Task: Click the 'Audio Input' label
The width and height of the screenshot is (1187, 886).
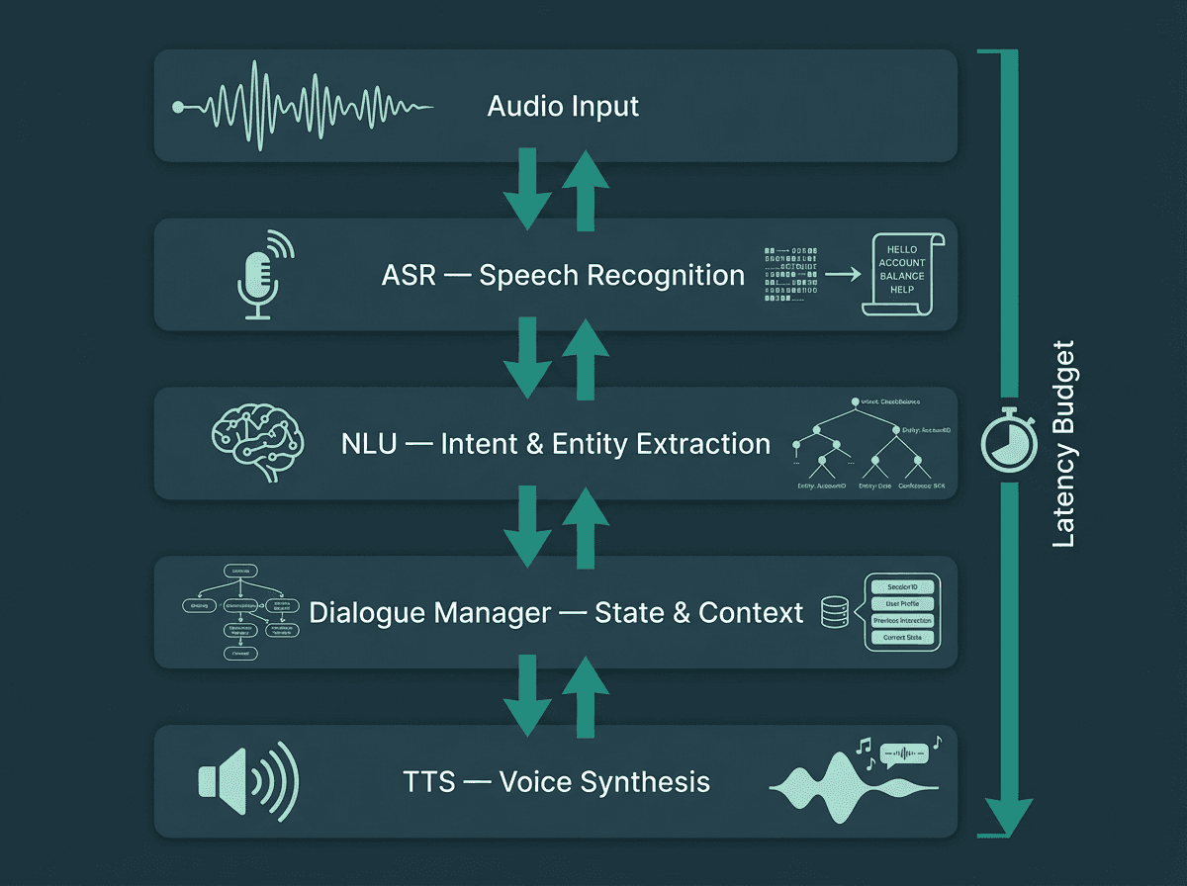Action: click(x=563, y=106)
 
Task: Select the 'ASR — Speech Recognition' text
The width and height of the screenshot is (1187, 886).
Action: click(x=563, y=275)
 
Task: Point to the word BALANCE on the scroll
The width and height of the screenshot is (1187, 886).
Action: click(x=902, y=276)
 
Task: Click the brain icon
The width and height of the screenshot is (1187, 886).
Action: click(x=255, y=442)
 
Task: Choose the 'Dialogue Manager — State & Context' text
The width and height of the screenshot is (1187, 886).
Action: click(x=556, y=612)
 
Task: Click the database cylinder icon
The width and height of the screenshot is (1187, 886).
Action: click(x=835, y=613)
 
